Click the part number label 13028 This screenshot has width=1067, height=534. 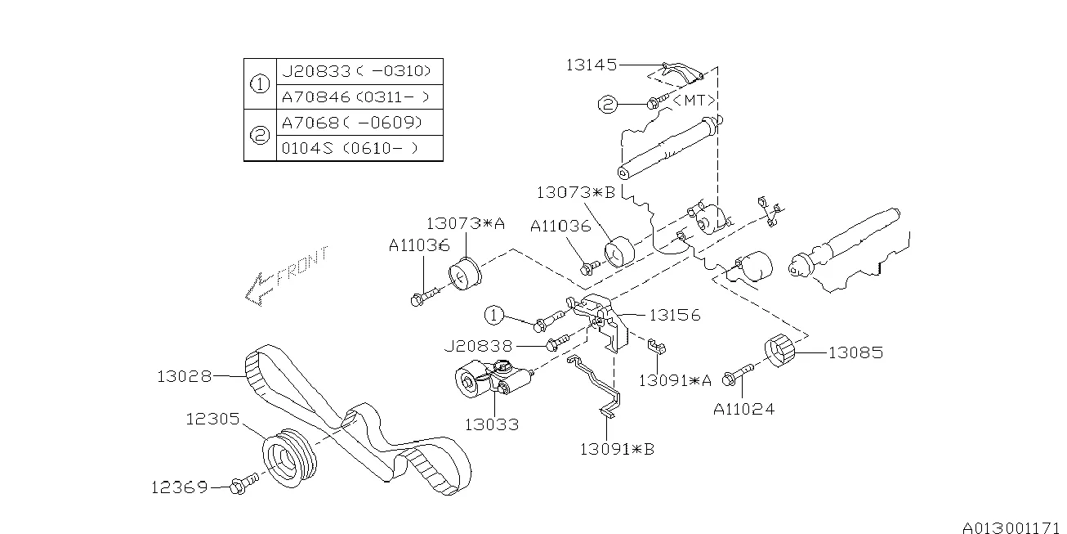click(185, 377)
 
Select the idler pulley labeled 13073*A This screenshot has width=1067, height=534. click(466, 272)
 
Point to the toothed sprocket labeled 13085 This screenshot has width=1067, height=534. click(782, 352)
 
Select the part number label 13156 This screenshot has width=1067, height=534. click(675, 315)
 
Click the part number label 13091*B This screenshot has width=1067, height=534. click(617, 448)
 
